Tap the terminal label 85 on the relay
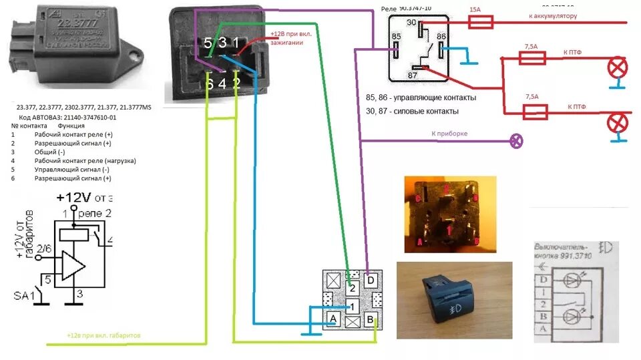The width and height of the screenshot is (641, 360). (397, 35)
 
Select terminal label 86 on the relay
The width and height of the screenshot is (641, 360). (441, 35)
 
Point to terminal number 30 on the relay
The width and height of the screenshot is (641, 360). (411, 23)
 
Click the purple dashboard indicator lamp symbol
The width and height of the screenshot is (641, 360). (516, 140)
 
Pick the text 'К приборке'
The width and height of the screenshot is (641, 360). (450, 134)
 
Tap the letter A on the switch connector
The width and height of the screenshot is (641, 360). (333, 319)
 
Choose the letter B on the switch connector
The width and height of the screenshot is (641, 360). (369, 319)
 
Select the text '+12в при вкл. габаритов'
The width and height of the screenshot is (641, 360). (103, 335)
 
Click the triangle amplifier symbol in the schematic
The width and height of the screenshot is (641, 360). (73, 266)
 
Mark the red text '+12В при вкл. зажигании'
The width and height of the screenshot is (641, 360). (291, 37)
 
